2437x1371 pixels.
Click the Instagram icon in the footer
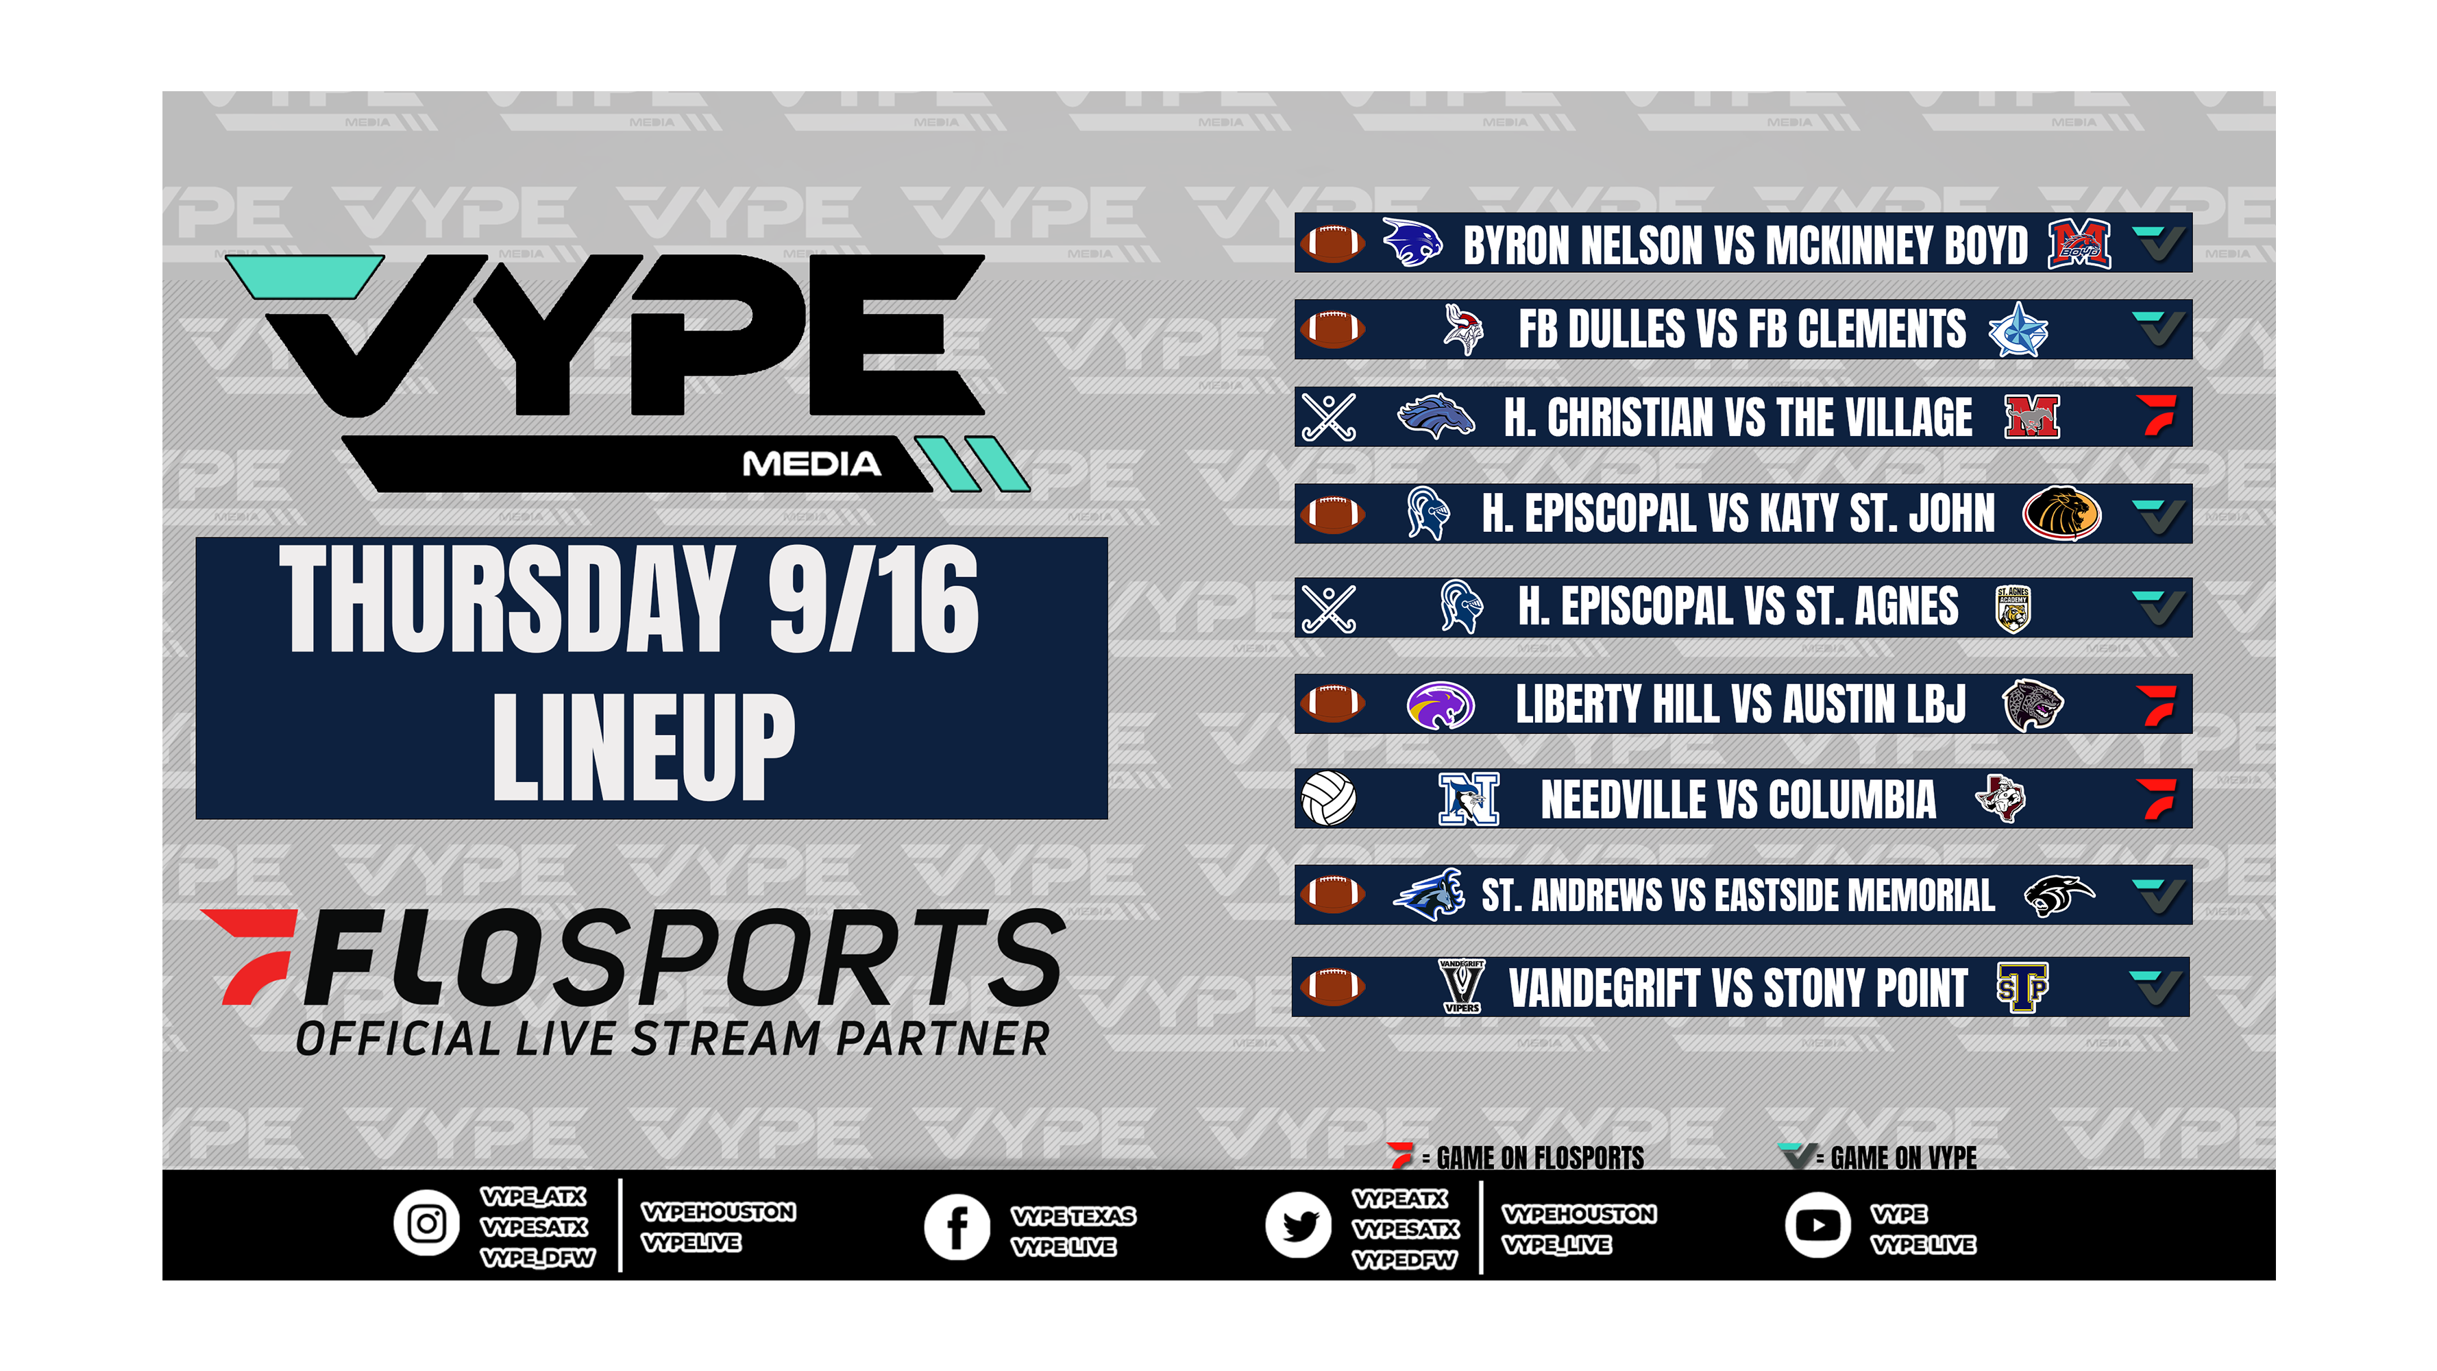427,1224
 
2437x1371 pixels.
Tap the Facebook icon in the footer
957,1227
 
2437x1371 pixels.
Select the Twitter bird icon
1299,1225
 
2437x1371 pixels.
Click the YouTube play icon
1817,1225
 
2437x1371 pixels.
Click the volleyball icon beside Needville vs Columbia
1328,799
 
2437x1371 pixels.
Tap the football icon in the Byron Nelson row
1332,243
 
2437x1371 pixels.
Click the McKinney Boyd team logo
2079,244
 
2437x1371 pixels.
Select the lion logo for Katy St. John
2061,513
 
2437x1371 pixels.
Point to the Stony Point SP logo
2022,988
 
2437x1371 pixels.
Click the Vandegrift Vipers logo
1462,987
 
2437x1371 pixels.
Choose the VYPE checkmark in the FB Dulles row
2158,328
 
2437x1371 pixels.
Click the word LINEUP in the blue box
644,747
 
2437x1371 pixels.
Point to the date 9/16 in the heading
873,600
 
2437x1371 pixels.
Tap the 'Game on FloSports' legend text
1539,1157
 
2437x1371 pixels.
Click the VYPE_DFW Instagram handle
537,1257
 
